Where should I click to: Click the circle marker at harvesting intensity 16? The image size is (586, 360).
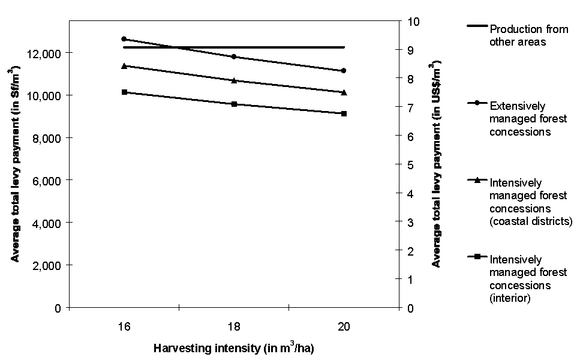[x=124, y=38]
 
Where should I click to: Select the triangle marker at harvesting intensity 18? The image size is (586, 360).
[x=234, y=80]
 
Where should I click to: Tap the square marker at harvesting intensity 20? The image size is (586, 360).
[x=344, y=113]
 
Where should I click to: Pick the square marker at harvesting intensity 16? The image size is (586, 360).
[x=124, y=92]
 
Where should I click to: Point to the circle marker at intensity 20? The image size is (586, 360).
[x=344, y=71]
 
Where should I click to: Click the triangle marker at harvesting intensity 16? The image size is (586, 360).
[x=124, y=65]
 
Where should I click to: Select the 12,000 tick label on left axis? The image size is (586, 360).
[x=44, y=53]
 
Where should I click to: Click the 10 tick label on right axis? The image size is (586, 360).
[x=414, y=22]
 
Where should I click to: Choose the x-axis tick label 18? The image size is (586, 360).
[x=234, y=326]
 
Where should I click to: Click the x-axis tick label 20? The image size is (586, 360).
[x=344, y=326]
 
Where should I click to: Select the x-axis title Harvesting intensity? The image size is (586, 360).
[x=234, y=347]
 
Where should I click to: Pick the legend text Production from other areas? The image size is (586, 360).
[x=518, y=35]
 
